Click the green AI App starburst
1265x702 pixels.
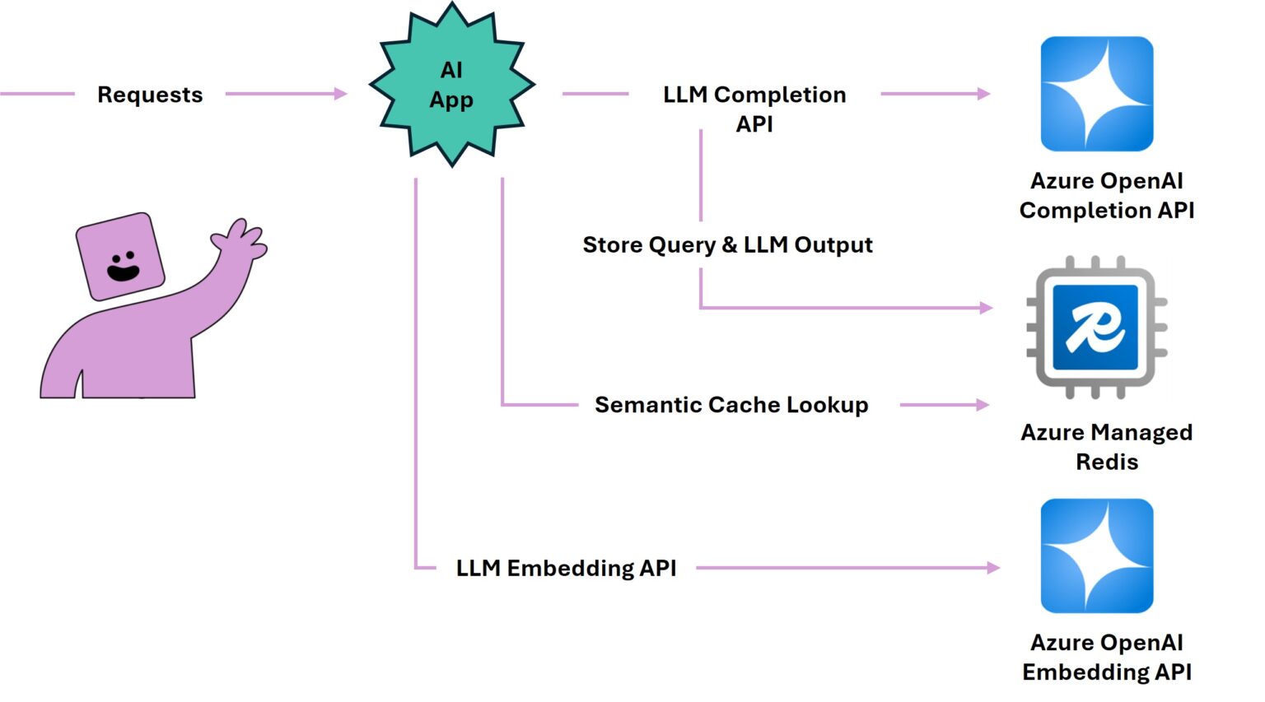click(x=451, y=85)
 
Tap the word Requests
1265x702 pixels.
click(x=150, y=95)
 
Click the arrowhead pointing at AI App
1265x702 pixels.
click(x=340, y=94)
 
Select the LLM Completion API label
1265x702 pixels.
click(x=754, y=108)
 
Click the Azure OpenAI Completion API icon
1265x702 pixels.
click(x=1096, y=94)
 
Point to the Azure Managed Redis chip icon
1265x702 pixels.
click(x=1096, y=328)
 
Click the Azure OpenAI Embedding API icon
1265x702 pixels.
click(x=1096, y=556)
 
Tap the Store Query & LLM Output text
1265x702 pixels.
click(x=727, y=244)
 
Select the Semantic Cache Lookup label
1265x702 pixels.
click(x=731, y=405)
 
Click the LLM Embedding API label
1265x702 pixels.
click(x=566, y=568)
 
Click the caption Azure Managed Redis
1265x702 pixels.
click(x=1106, y=447)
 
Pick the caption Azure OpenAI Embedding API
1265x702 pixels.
click(x=1106, y=657)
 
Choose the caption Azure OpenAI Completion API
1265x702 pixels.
click(x=1106, y=195)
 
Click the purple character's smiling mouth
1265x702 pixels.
click(x=124, y=271)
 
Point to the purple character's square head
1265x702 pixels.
click(x=120, y=256)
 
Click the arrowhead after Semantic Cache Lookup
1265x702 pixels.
click(x=982, y=405)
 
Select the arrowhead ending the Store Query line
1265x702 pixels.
click(x=986, y=308)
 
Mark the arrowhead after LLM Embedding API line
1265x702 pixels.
click(x=992, y=568)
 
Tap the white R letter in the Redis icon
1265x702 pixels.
click(x=1095, y=328)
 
